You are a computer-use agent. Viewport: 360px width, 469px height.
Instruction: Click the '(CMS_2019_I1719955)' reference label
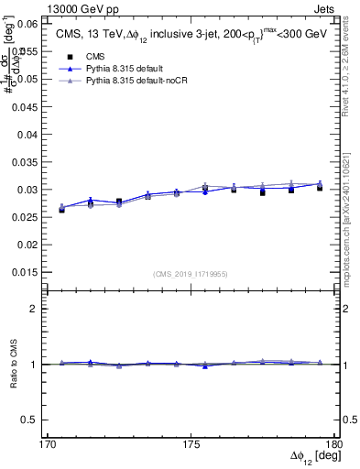point(192,273)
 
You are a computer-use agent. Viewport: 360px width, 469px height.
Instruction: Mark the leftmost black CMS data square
point(61,209)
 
